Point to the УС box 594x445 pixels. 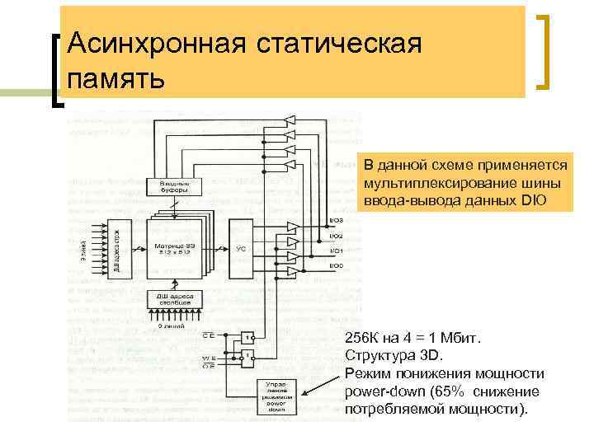click(242, 246)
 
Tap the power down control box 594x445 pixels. click(276, 396)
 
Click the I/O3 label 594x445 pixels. click(337, 220)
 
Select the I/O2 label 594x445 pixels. click(337, 237)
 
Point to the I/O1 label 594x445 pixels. click(337, 251)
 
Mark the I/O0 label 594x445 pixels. click(337, 265)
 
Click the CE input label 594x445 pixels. click(210, 335)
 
